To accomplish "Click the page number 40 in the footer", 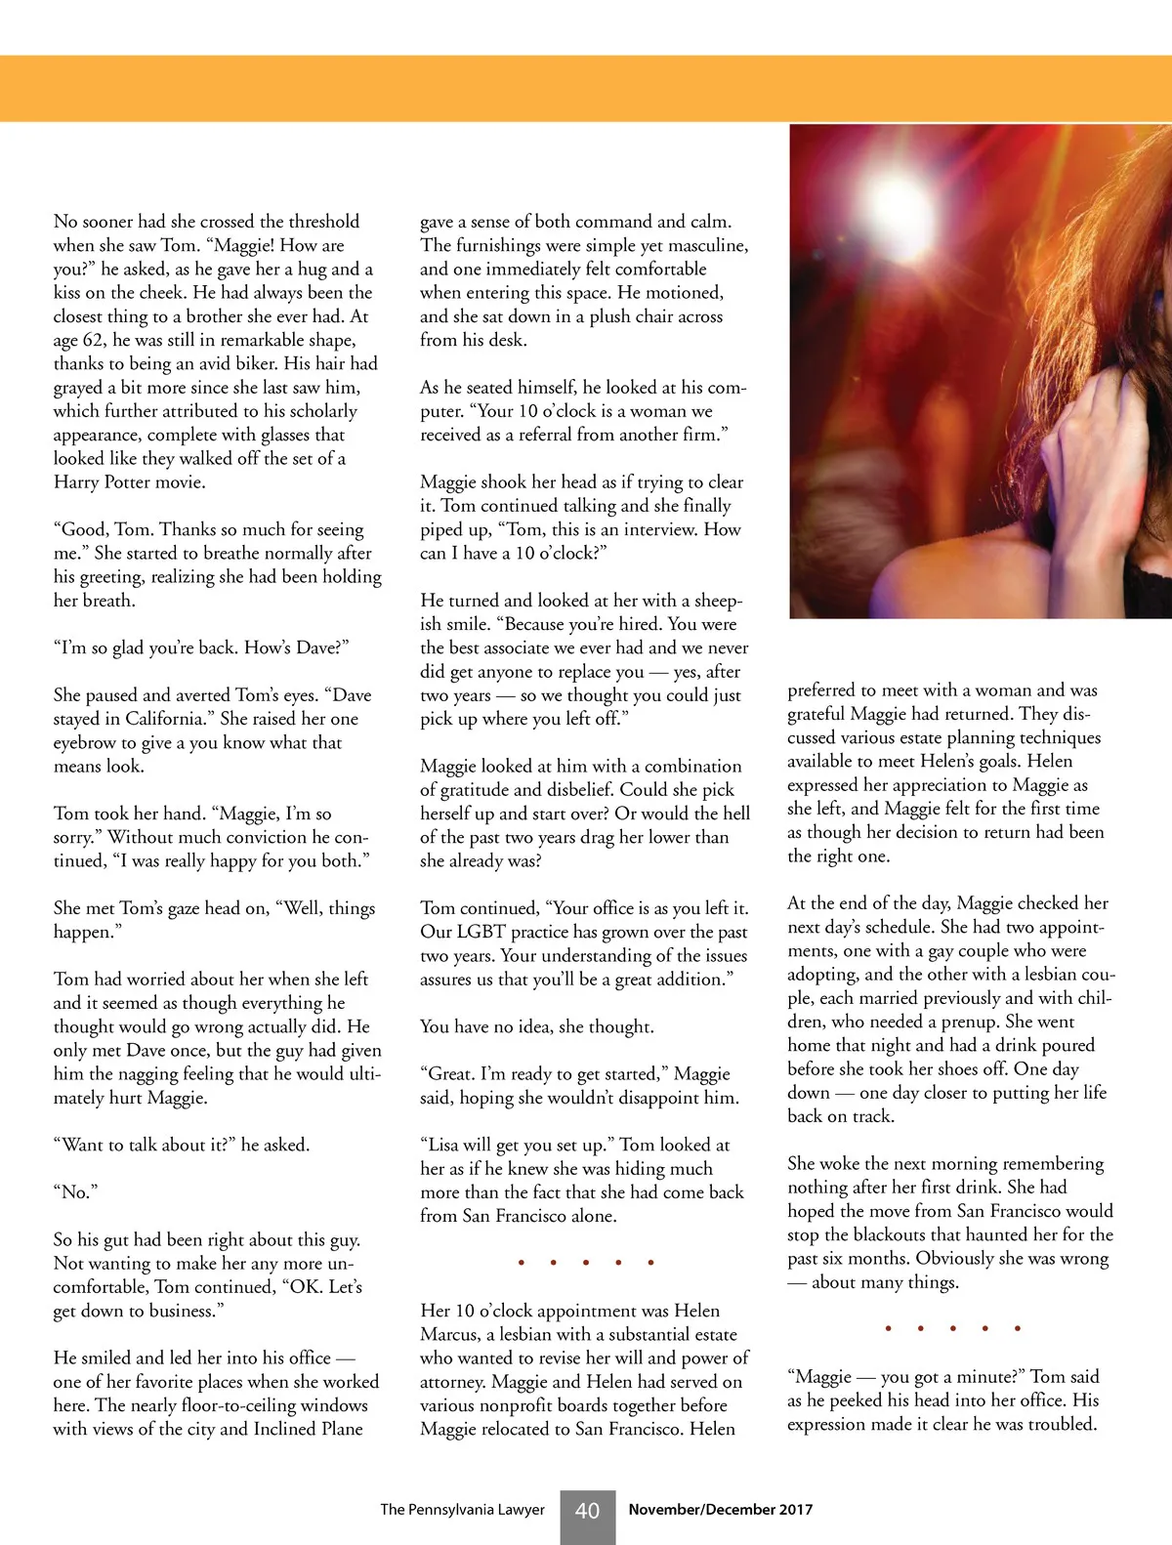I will coord(587,1511).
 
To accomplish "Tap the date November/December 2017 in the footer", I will coord(720,1510).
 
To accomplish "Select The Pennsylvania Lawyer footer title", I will coord(462,1510).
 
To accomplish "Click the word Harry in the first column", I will coord(76,482).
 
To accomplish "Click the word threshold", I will coord(322,222).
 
